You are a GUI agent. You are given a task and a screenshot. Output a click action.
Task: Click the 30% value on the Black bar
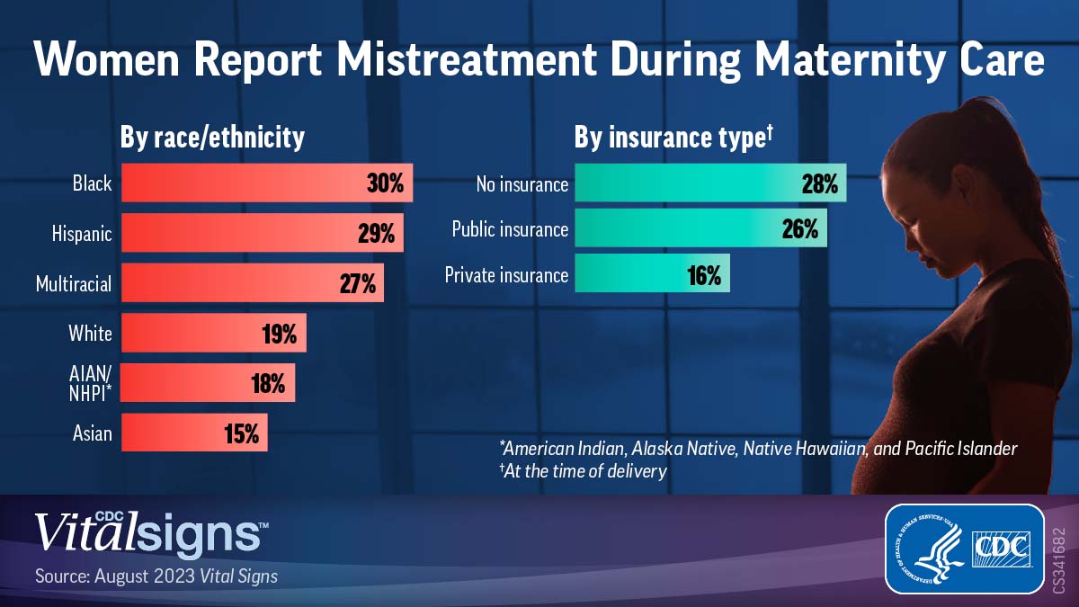[385, 183]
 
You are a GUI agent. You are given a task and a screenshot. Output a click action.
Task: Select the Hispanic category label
[82, 234]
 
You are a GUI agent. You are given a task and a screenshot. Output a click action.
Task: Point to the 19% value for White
[279, 335]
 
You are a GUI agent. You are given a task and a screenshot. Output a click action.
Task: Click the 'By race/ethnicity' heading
[212, 137]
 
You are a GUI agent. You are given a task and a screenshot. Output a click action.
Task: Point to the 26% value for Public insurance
[800, 229]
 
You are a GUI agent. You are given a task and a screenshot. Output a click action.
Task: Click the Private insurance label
[506, 274]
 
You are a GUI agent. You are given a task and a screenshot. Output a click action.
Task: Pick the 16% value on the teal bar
[704, 274]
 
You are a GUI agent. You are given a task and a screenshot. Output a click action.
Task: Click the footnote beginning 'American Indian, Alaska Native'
[757, 448]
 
